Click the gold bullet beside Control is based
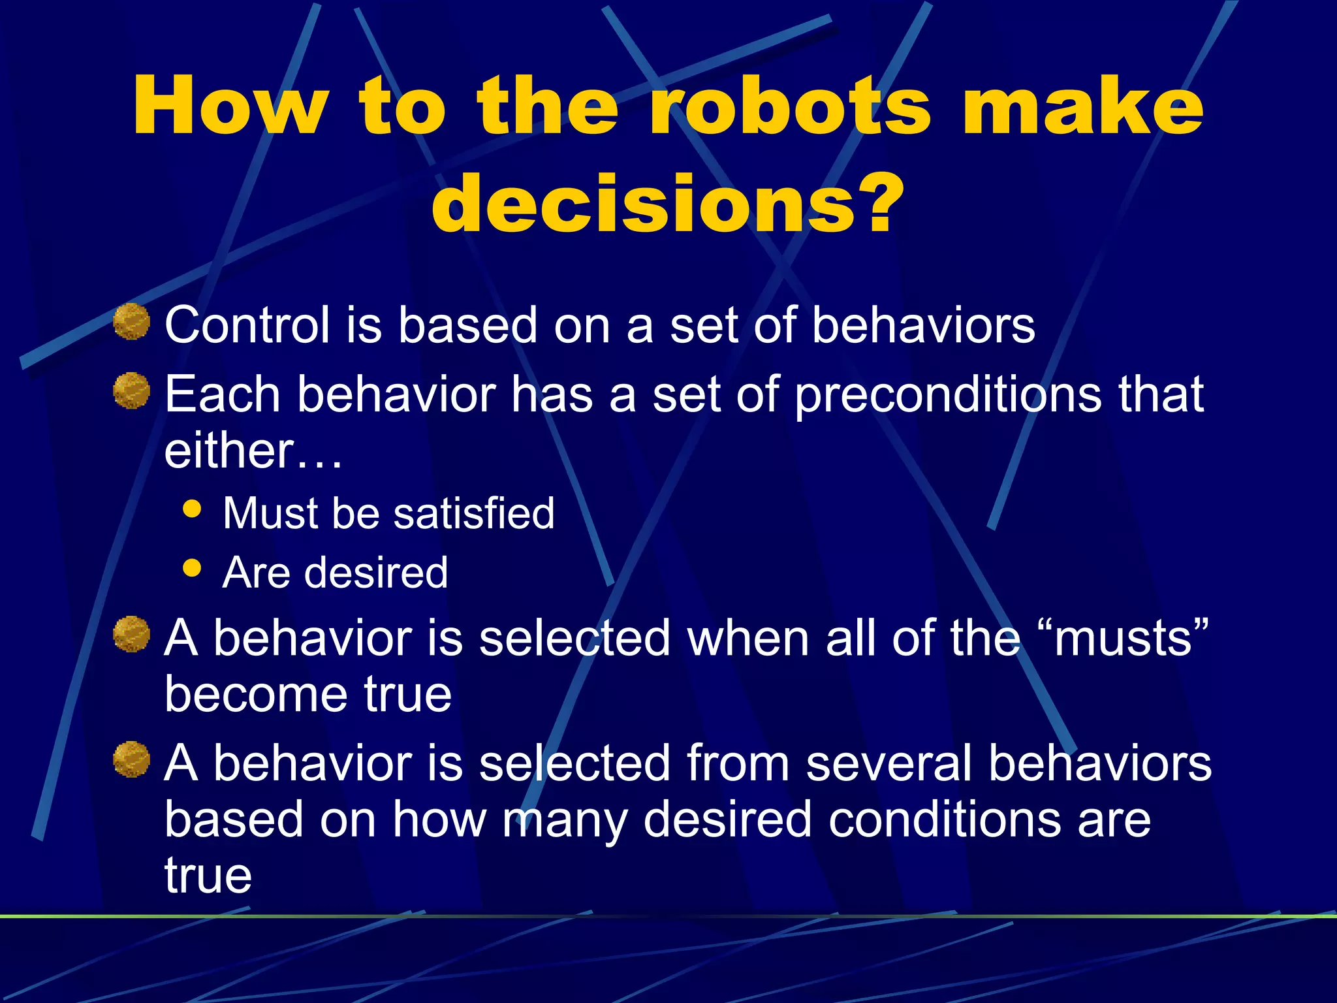[131, 322]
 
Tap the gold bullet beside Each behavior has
[131, 391]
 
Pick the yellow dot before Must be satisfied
[192, 509]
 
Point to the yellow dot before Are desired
[192, 567]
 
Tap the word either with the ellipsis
[253, 451]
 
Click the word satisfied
[474, 513]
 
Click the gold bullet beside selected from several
[131, 759]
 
